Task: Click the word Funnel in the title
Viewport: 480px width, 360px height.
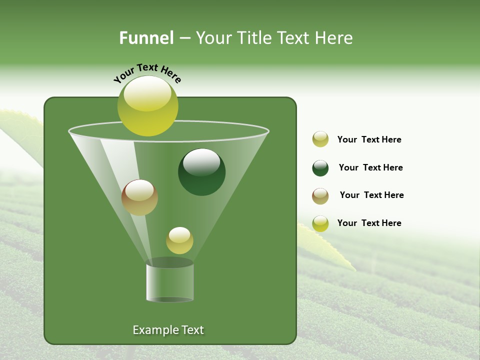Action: pyautogui.click(x=146, y=38)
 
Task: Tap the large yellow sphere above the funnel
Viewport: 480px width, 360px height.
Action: pyautogui.click(x=148, y=106)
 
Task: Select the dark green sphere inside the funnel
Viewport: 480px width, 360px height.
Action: pyautogui.click(x=202, y=172)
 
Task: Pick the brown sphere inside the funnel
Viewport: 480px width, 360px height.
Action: pyautogui.click(x=139, y=197)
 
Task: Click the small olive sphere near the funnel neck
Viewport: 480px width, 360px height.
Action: pyautogui.click(x=179, y=240)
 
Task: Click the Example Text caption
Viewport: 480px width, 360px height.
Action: pyautogui.click(x=168, y=330)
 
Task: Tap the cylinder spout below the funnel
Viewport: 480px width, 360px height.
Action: pyautogui.click(x=169, y=283)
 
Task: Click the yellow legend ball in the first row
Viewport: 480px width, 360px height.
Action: pyautogui.click(x=320, y=139)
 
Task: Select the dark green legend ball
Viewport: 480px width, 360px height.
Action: pyautogui.click(x=320, y=168)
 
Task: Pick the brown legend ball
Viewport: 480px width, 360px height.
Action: pyautogui.click(x=320, y=196)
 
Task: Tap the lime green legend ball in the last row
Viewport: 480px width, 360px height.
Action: pyautogui.click(x=320, y=223)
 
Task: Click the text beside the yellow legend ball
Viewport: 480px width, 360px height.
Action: pyautogui.click(x=369, y=139)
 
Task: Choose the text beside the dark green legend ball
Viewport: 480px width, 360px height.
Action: pyautogui.click(x=370, y=167)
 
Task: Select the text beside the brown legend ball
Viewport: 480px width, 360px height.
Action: pyautogui.click(x=371, y=195)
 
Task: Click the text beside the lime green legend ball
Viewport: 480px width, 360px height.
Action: pyautogui.click(x=369, y=223)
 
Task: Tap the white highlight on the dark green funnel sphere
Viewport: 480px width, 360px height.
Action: pyautogui.click(x=201, y=162)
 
